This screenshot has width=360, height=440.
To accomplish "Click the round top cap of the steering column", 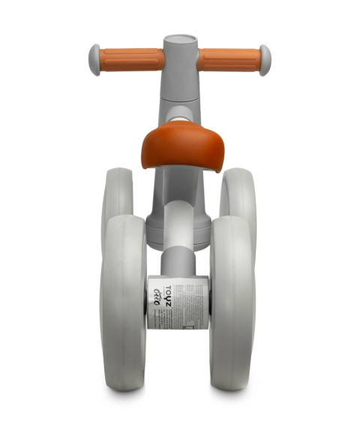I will click(180, 40).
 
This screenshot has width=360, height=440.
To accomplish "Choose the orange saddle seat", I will click(180, 145).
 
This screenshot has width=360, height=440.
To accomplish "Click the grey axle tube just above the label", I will click(180, 259).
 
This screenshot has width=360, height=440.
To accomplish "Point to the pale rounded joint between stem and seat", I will click(180, 114).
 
